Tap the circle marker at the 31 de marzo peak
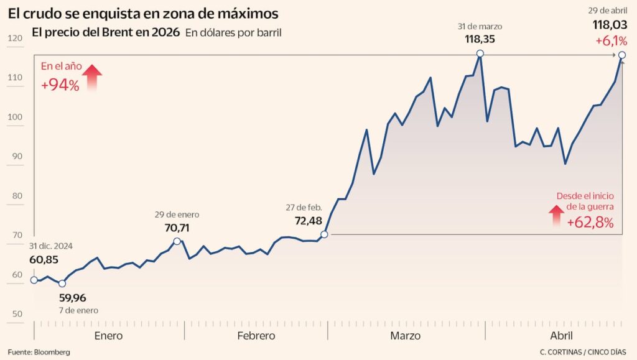[480, 54]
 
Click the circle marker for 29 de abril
[622, 55]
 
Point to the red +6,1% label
[611, 40]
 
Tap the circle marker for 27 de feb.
[324, 235]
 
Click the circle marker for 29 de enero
[177, 241]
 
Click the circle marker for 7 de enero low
[62, 284]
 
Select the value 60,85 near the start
[46, 259]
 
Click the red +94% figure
[60, 86]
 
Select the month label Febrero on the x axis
[256, 336]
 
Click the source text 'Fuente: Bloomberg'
[39, 352]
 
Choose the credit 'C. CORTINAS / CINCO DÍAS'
[584, 352]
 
